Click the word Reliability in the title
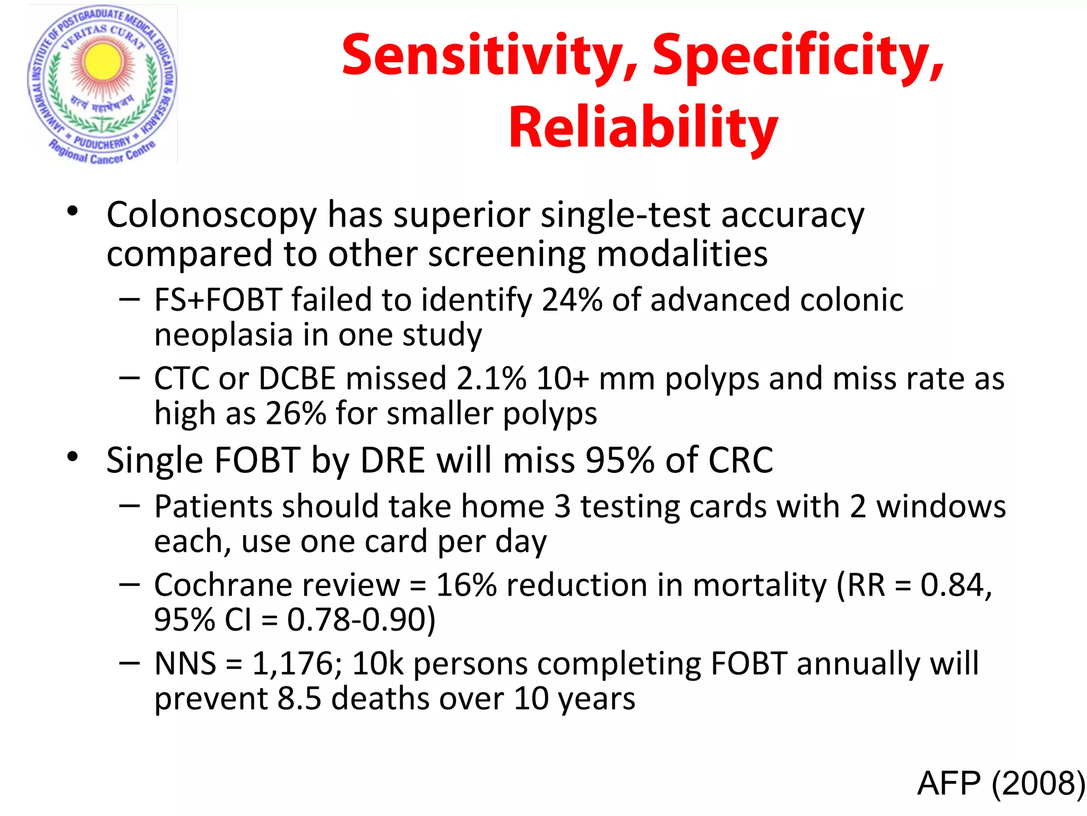tap(643, 127)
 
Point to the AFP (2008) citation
tap(1000, 783)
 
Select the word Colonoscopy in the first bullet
tap(211, 215)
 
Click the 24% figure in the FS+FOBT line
tap(572, 300)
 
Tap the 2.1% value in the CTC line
tap(491, 379)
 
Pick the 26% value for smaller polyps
tap(295, 414)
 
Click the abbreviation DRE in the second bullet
tap(392, 460)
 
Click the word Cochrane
tap(277, 585)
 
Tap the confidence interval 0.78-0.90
tap(360, 620)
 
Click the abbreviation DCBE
tap(297, 379)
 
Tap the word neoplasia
tap(223, 335)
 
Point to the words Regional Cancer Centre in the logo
tap(102, 154)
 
